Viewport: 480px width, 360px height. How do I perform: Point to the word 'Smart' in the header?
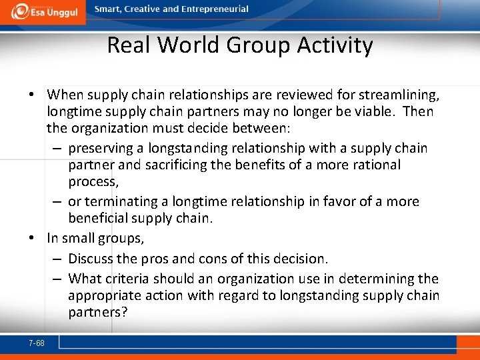(x=109, y=9)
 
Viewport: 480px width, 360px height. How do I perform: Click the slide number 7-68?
(x=37, y=343)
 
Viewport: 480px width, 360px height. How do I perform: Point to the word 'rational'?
(x=377, y=165)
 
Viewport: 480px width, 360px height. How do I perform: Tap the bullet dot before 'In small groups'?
(x=33, y=237)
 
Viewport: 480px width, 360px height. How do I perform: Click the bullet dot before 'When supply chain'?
(x=33, y=94)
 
